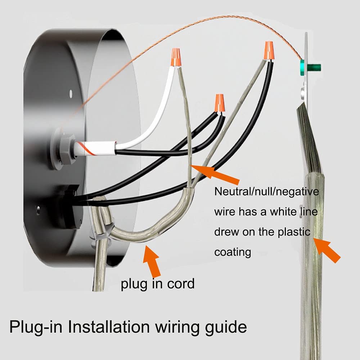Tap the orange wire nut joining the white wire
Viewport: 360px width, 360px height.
175,57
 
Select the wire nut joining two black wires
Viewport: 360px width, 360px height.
220,103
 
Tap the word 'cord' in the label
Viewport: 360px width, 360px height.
181,284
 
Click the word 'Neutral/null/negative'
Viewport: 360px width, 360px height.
266,192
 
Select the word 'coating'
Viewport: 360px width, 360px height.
233,252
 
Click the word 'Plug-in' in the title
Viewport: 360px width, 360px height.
36,327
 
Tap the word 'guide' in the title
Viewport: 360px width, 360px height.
226,327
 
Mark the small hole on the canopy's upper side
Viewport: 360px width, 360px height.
71,93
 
